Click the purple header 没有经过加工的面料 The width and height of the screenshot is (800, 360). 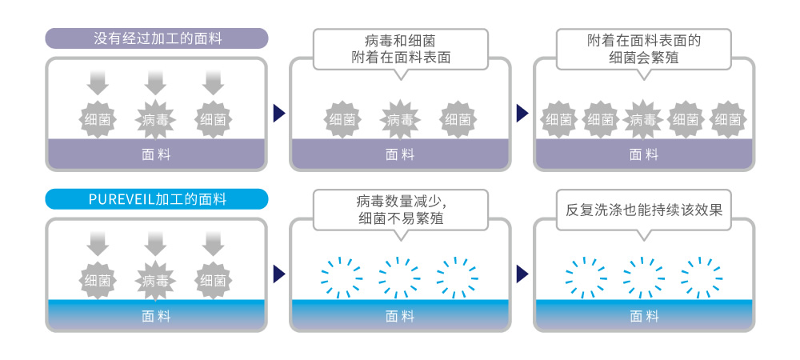pos(156,38)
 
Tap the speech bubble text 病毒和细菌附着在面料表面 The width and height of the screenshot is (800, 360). pos(400,49)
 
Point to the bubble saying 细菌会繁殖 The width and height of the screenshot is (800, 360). pos(643,49)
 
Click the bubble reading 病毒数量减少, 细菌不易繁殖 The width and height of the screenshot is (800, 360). pos(400,210)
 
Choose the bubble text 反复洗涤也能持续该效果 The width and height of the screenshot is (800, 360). pos(643,210)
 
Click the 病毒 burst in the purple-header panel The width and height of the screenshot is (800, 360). pos(156,120)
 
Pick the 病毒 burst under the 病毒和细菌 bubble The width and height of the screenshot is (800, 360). pos(400,120)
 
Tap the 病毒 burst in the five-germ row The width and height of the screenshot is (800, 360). pos(643,120)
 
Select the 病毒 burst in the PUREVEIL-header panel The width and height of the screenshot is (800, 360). pos(156,280)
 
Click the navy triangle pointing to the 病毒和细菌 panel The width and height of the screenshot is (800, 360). pos(278,113)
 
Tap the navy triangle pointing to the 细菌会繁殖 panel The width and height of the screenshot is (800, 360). pos(522,113)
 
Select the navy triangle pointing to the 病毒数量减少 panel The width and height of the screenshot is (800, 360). pos(278,274)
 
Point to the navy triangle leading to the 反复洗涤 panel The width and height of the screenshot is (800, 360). pos(522,274)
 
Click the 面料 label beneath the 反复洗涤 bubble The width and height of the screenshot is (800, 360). pos(643,316)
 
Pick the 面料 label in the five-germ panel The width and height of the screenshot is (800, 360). pos(643,154)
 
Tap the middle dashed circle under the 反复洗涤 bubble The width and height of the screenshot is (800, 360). pos(643,277)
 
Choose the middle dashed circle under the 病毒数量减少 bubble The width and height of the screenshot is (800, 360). pos(400,277)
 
